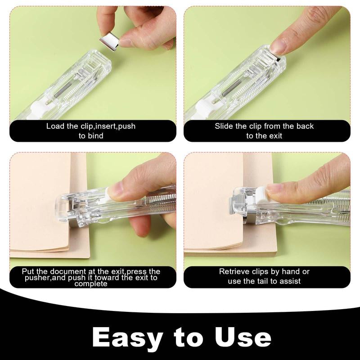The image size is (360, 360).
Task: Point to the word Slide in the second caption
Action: click(x=225, y=126)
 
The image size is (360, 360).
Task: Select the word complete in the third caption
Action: click(x=91, y=283)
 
